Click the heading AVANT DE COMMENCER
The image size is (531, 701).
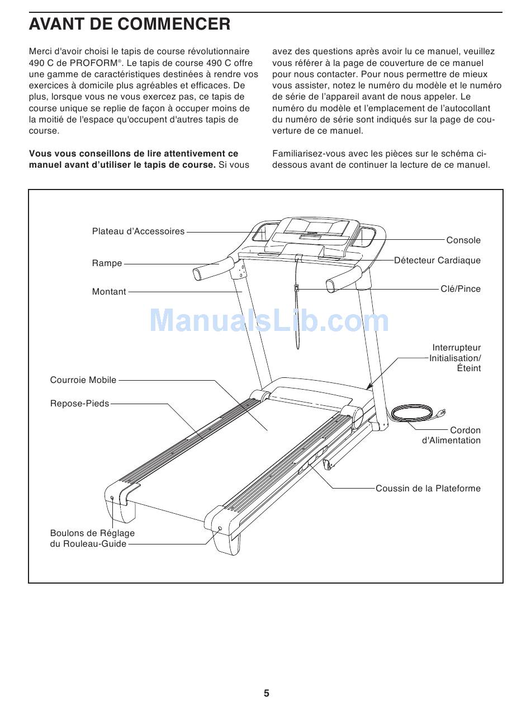coord(130,25)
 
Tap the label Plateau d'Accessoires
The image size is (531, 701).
coord(138,231)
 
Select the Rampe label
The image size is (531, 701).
coord(107,263)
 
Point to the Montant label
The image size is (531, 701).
coord(109,292)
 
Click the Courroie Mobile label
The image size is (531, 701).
coord(83,380)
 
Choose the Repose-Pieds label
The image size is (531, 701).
coord(79,404)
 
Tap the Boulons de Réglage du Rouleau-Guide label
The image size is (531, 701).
coord(92,538)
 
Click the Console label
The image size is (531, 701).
coord(463,240)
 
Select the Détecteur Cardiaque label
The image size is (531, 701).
coord(437,260)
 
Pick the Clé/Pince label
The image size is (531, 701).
coord(460,289)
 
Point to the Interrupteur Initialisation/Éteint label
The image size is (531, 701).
coord(456,358)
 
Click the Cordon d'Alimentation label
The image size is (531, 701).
coord(452,435)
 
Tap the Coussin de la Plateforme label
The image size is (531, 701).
coord(428,489)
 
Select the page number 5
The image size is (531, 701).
coord(267,693)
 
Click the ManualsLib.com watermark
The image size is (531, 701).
coord(269,321)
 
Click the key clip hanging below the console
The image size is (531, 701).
coord(297,288)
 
